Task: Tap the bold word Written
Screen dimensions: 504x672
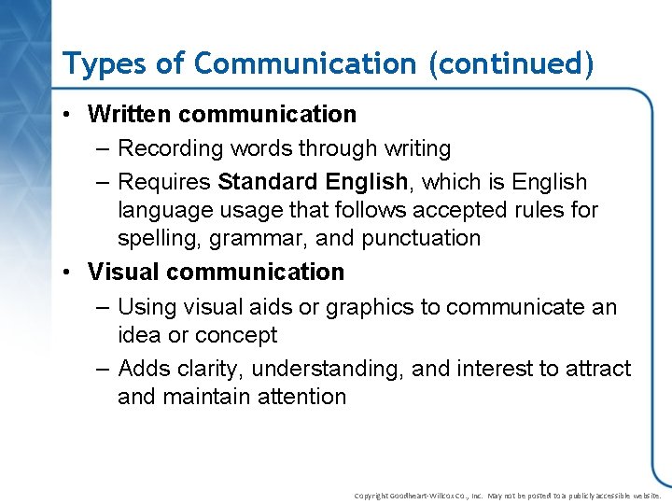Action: click(129, 115)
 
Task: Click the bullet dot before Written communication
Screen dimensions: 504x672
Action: click(70, 115)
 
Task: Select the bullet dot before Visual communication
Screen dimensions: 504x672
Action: click(70, 273)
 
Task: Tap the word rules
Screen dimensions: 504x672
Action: click(504, 210)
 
